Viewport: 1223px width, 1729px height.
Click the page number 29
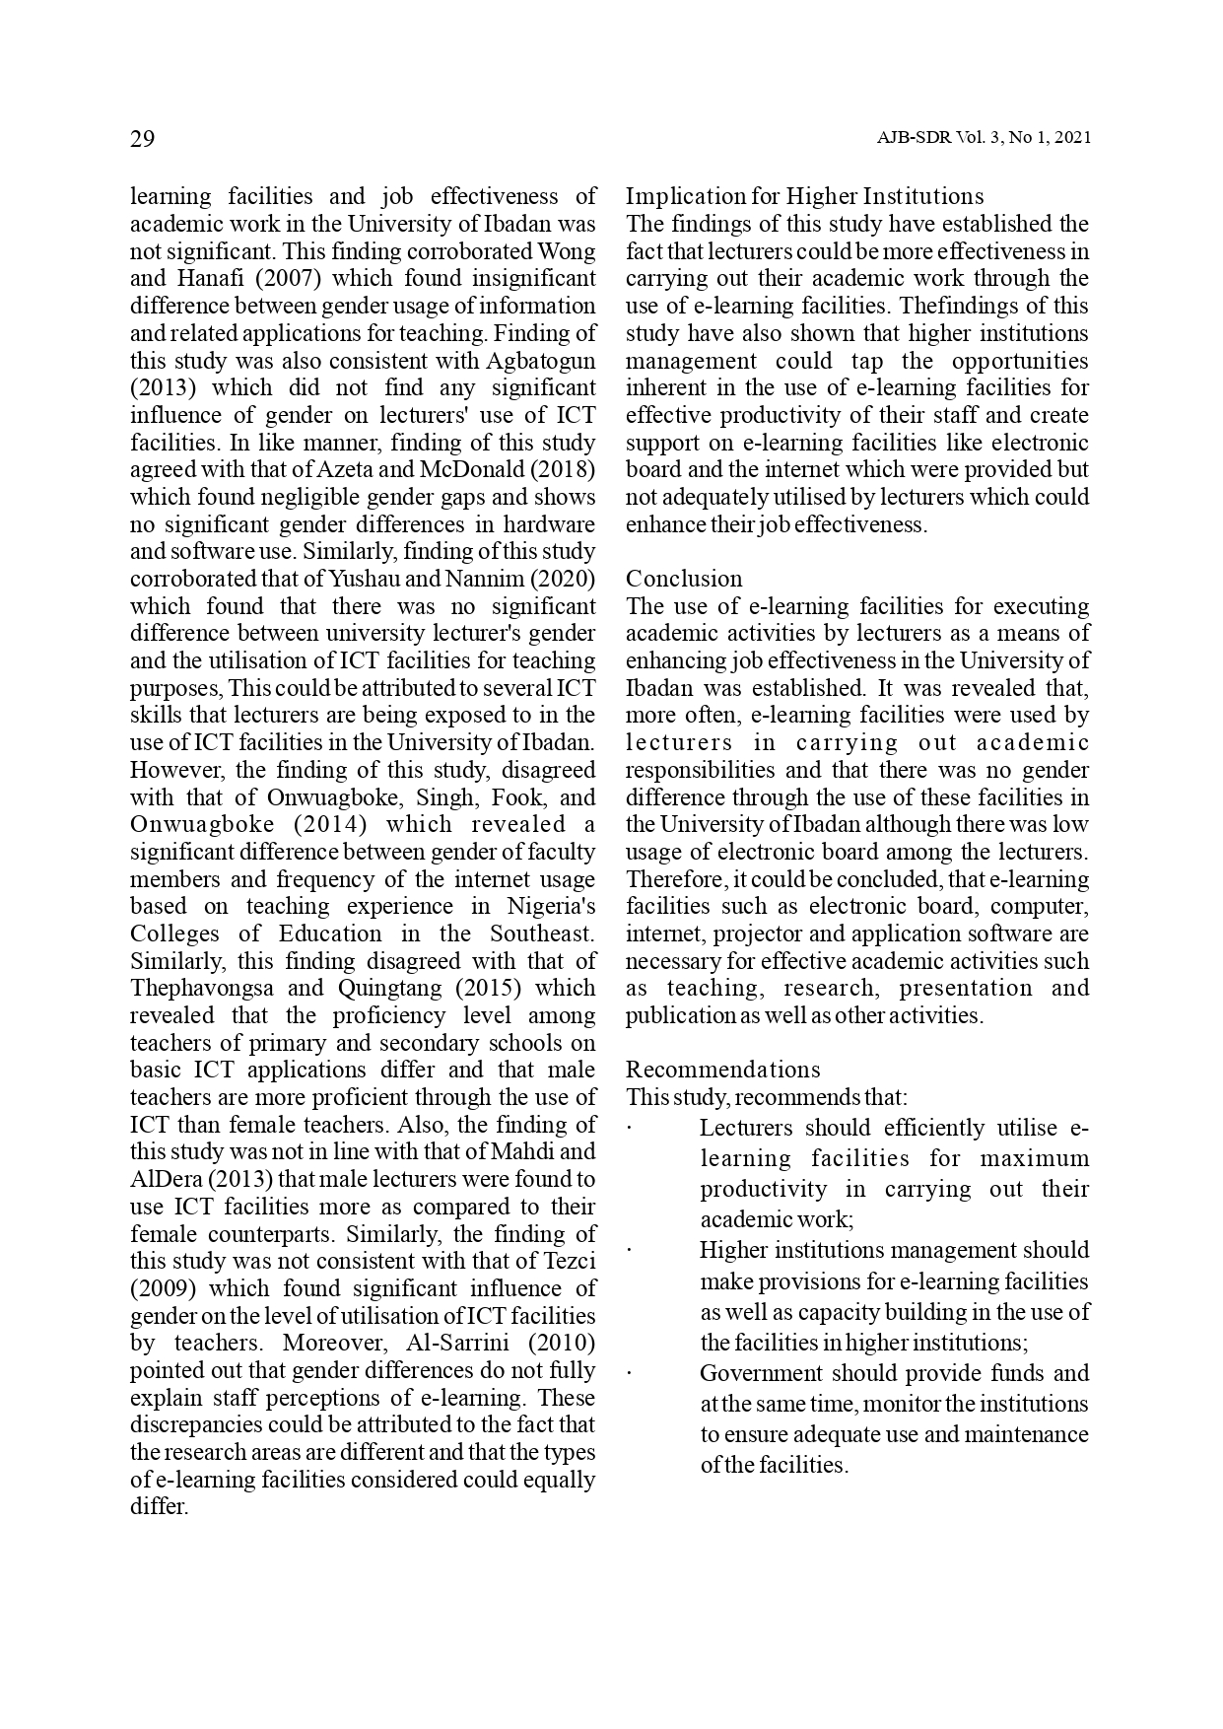[143, 138]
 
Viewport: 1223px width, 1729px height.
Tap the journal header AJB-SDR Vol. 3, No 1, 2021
[983, 139]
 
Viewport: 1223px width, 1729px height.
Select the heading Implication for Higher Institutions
[804, 196]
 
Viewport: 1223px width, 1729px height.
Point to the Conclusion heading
[684, 579]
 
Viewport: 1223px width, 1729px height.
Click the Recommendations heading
[722, 1071]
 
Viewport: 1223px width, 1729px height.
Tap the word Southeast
[542, 934]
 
